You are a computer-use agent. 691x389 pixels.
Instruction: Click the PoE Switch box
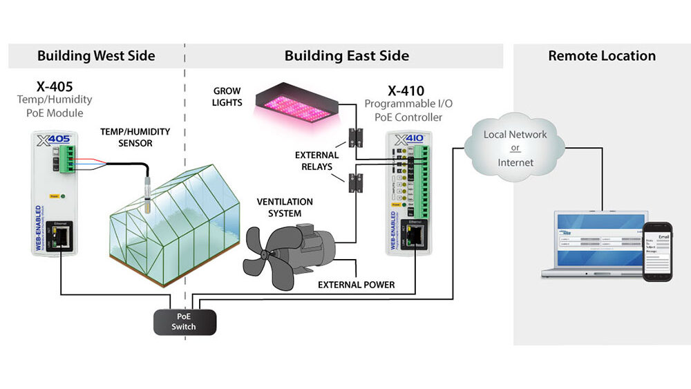click(x=184, y=322)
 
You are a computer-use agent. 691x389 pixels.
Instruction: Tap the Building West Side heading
click(x=96, y=56)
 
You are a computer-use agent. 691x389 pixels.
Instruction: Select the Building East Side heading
click(x=346, y=56)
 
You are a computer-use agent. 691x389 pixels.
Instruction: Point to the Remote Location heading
click(x=601, y=56)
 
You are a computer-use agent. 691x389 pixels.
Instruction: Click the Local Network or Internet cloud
click(x=515, y=147)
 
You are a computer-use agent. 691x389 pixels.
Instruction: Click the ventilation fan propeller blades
click(x=267, y=249)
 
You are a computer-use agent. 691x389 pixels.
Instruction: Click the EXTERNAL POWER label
click(x=356, y=285)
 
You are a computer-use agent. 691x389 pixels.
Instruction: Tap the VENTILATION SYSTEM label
click(x=285, y=207)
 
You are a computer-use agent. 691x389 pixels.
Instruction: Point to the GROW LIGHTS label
click(x=227, y=97)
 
